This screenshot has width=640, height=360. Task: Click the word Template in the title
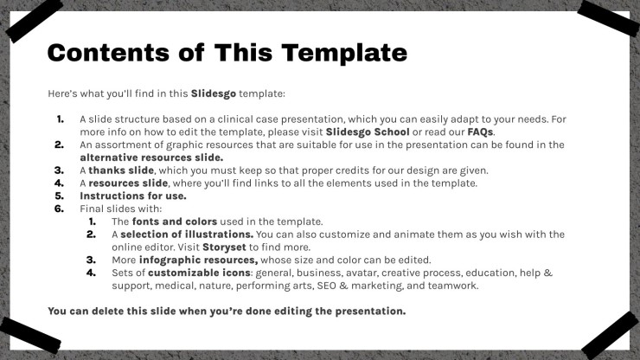pyautogui.click(x=344, y=53)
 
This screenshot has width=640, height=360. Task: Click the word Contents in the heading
pyautogui.click(x=108, y=53)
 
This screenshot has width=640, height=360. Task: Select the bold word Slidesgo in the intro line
pyautogui.click(x=214, y=93)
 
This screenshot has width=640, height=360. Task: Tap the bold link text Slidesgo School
pyautogui.click(x=368, y=132)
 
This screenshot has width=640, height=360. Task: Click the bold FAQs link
pyautogui.click(x=480, y=132)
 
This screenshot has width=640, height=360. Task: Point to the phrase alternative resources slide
pyautogui.click(x=151, y=157)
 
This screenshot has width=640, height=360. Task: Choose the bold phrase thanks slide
pyautogui.click(x=121, y=170)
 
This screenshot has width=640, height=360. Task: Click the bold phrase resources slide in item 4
pyautogui.click(x=128, y=183)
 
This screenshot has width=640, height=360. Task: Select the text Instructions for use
pyautogui.click(x=133, y=196)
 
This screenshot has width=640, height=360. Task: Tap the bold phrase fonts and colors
pyautogui.click(x=175, y=222)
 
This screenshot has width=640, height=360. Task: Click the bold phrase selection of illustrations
pyautogui.click(x=187, y=235)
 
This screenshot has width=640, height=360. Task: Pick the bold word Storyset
pyautogui.click(x=224, y=247)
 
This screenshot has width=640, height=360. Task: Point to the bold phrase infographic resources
pyautogui.click(x=198, y=260)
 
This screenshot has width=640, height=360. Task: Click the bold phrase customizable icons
pyautogui.click(x=199, y=273)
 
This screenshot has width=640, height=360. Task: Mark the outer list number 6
pyautogui.click(x=59, y=209)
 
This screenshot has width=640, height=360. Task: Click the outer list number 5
pyautogui.click(x=59, y=196)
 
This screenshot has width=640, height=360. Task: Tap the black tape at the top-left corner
pyautogui.click(x=34, y=22)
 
